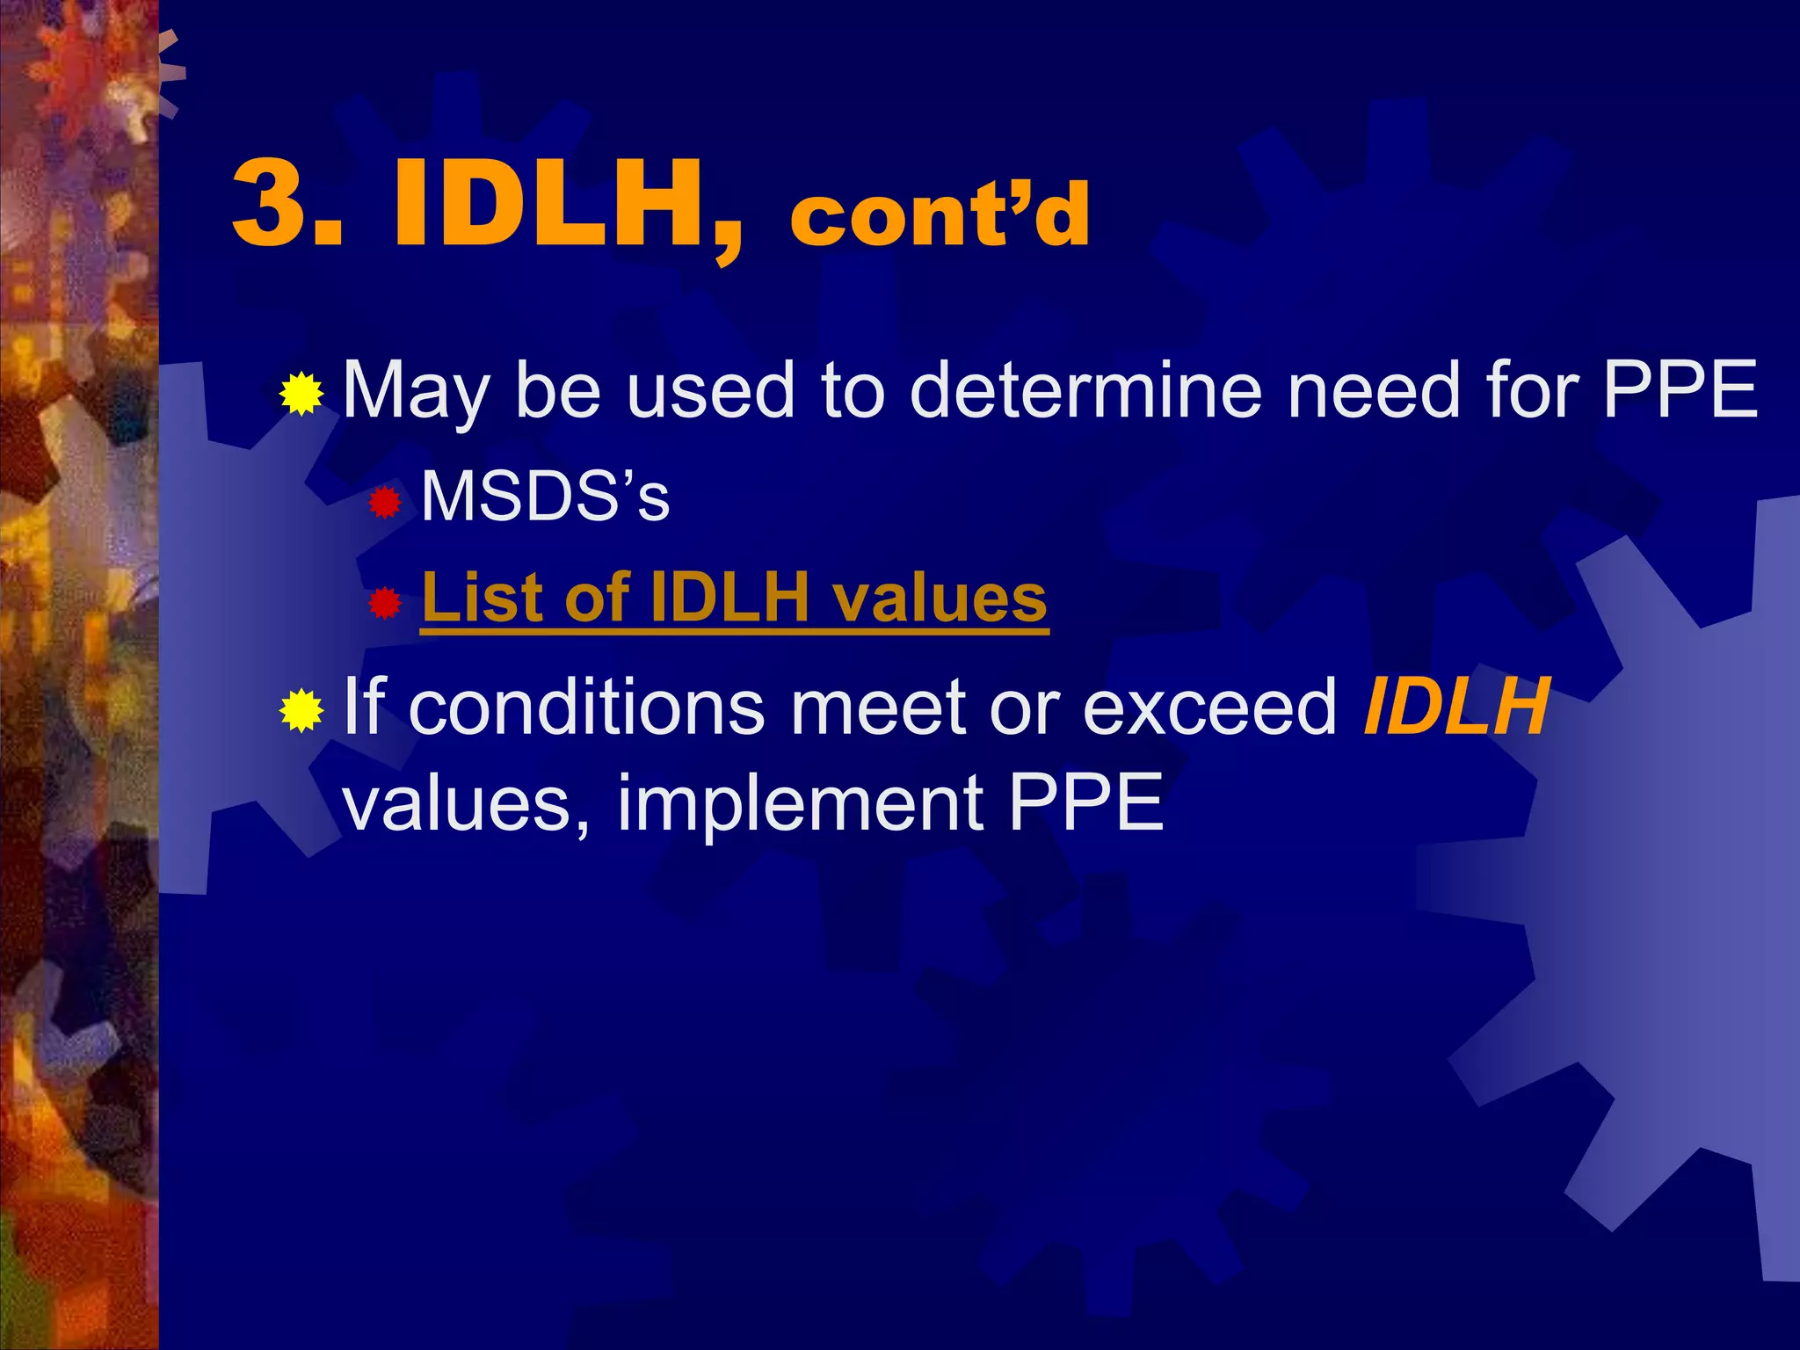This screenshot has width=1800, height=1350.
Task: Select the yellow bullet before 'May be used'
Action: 301,393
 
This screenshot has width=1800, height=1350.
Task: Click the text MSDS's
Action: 545,497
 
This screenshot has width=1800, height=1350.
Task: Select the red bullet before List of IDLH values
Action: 384,604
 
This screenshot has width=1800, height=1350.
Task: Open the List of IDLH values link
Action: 734,598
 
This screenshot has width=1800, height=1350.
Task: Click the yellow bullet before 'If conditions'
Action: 301,710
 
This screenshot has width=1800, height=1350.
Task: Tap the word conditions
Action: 586,707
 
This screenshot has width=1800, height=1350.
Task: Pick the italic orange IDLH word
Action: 1455,707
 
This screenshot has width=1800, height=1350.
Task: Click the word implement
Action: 800,803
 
